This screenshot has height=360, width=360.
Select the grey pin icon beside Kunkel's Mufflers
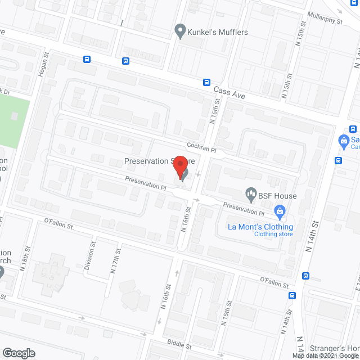coord(180,31)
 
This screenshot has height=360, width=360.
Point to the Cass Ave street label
coord(229,92)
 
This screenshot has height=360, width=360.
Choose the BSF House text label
coord(278,196)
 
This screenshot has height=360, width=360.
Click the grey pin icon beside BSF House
coord(251,195)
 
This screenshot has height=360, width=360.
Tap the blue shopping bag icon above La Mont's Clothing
coord(279,212)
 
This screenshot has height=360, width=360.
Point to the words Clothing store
coord(273,234)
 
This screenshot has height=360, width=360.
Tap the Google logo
coord(18,353)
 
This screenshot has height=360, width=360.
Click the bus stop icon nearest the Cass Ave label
coord(207,82)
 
